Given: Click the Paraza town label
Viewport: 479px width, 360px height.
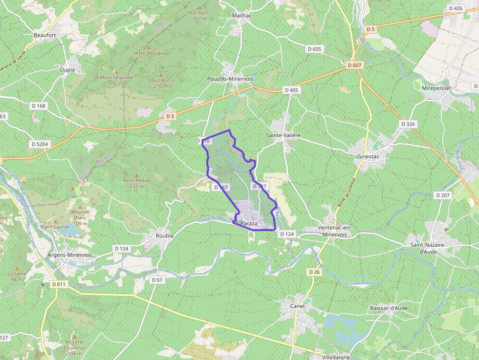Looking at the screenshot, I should [249, 224].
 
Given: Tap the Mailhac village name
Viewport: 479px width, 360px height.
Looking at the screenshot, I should [241, 16].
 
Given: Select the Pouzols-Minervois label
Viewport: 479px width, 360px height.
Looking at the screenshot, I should [230, 79].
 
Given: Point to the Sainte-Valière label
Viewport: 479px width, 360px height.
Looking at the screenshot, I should [283, 135].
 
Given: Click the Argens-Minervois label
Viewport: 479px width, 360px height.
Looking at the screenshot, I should [69, 255].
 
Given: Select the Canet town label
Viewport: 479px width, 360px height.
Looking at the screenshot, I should [297, 306].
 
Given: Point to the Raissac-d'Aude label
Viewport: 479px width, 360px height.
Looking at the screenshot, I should [389, 308].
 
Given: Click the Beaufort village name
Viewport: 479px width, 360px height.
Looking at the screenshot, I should [45, 36].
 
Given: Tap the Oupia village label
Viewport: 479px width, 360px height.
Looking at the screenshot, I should [67, 70].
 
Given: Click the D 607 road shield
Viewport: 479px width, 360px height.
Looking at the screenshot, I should [355, 65].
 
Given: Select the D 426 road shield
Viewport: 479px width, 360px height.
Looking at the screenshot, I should [455, 8].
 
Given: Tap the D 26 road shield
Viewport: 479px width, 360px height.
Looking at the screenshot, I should [314, 272].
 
